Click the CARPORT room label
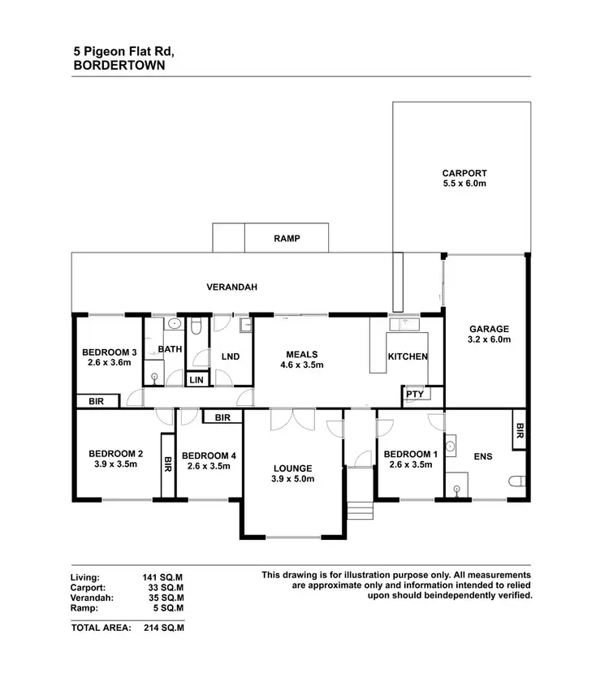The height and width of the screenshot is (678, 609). click(x=464, y=173)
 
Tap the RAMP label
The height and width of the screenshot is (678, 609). click(x=287, y=239)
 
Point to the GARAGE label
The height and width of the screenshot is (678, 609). click(x=489, y=330)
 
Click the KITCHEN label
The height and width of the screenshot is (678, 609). click(x=407, y=357)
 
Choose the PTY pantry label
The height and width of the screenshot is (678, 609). click(x=415, y=395)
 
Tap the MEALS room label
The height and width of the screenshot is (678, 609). click(x=300, y=354)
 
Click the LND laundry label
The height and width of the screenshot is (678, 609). click(x=230, y=357)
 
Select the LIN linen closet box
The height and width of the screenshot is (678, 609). click(x=197, y=379)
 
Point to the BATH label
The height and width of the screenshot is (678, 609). click(x=170, y=350)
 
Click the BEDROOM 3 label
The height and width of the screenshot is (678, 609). click(x=109, y=352)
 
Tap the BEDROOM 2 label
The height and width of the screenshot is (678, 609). click(x=116, y=454)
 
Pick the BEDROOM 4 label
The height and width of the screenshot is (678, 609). click(x=209, y=456)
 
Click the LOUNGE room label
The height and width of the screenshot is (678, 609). click(x=293, y=469)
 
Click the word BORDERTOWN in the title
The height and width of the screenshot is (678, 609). click(x=119, y=66)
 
